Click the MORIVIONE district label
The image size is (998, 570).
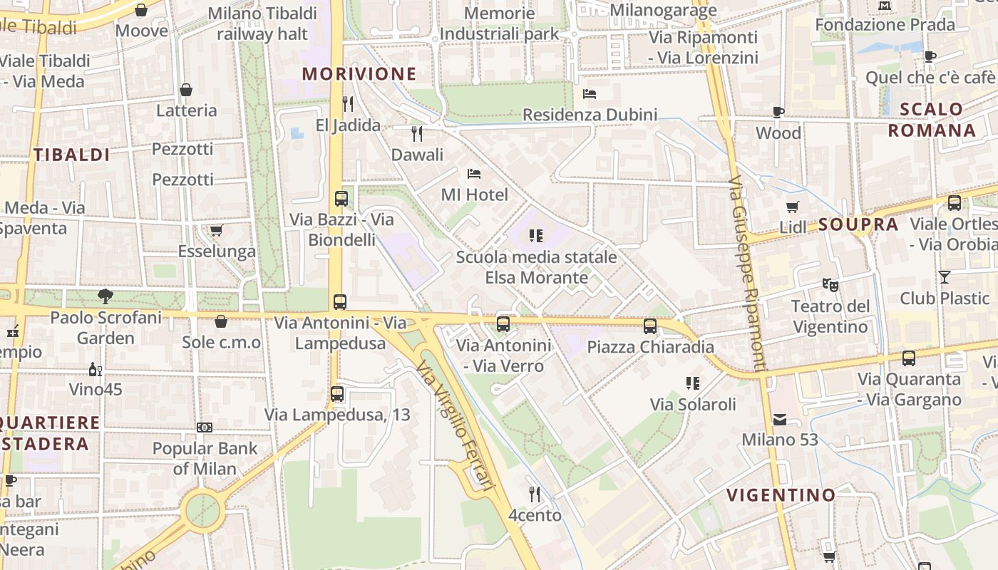[x=359, y=74]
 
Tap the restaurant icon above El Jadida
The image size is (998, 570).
[x=348, y=104]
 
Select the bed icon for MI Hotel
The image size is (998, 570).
[x=474, y=173]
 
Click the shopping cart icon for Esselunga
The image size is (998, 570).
[x=216, y=230]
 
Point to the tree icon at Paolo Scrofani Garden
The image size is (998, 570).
[x=106, y=296]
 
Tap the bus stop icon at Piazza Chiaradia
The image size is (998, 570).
[x=649, y=326]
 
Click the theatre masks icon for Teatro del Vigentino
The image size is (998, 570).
[x=830, y=284]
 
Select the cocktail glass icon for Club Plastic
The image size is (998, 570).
[x=945, y=277]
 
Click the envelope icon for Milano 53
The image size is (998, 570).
[x=780, y=419]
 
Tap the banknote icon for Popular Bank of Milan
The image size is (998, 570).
[x=205, y=427]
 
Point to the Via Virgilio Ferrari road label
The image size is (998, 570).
[x=456, y=425]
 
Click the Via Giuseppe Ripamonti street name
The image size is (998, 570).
[x=748, y=274]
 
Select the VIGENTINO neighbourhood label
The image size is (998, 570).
[x=781, y=494]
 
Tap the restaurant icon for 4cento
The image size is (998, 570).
[x=535, y=494]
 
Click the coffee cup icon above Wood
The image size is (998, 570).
[x=778, y=112]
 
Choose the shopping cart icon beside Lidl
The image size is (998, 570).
[x=792, y=207]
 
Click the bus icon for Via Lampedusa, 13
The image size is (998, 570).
[x=337, y=393]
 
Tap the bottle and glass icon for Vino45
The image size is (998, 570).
[x=95, y=369]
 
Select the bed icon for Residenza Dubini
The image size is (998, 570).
[x=590, y=93]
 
